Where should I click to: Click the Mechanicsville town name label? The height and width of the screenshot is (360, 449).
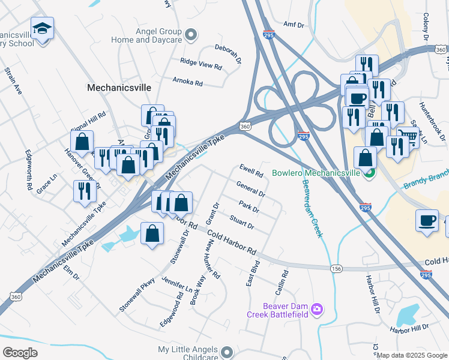[119, 87]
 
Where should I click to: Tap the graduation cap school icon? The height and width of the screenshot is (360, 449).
[42, 29]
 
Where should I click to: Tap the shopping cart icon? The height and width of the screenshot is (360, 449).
[408, 136]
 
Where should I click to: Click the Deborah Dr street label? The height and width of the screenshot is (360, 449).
[228, 53]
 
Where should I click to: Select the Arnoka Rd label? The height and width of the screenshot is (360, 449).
[187, 81]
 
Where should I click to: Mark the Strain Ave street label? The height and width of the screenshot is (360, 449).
[13, 81]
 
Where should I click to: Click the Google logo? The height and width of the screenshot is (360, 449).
[20, 353]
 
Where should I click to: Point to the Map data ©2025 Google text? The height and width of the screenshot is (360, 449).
[412, 356]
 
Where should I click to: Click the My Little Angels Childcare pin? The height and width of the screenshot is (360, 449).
[226, 351]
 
